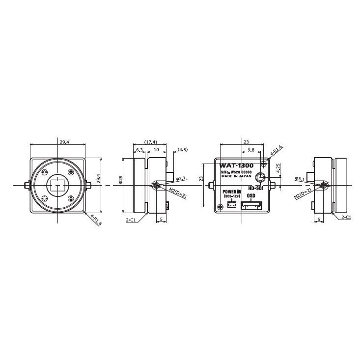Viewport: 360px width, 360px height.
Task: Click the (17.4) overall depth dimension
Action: (151, 142)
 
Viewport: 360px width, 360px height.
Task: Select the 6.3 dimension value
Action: (139, 149)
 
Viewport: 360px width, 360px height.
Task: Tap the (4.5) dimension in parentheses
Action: (183, 149)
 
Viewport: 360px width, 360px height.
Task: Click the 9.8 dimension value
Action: (251, 149)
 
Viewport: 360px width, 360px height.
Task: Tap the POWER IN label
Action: (232, 192)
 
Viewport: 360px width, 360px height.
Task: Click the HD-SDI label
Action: (256, 189)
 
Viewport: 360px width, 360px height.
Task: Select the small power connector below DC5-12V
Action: (230, 205)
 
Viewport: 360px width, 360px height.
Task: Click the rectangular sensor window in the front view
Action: (58, 185)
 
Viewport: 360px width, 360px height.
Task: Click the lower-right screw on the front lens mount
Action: (72, 199)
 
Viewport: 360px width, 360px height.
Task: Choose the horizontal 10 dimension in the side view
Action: (156, 149)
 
